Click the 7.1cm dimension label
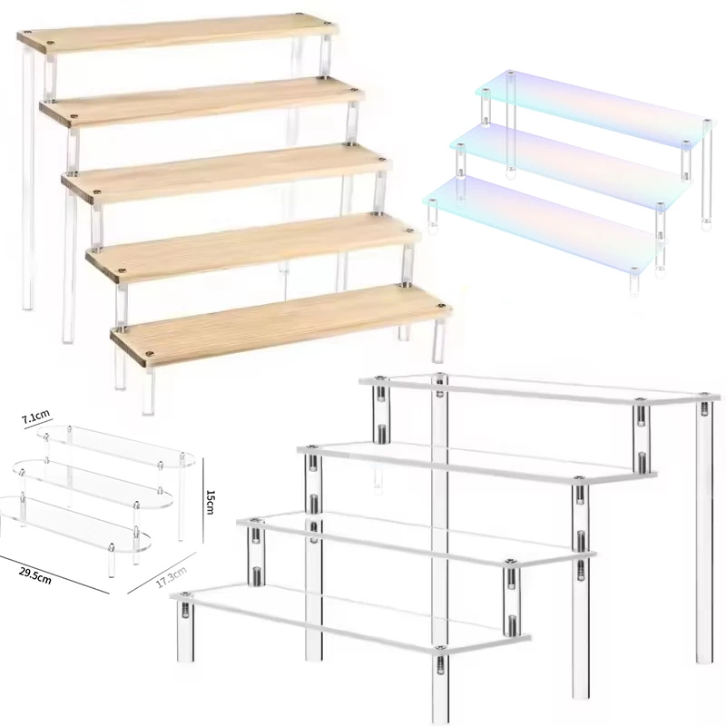pyautogui.click(x=35, y=417)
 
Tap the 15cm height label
pyautogui.click(x=210, y=503)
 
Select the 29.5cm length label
pyautogui.click(x=35, y=575)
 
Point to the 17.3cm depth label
pyautogui.click(x=171, y=577)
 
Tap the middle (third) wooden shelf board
pyautogui.click(x=227, y=172)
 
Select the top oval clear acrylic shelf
pyautogui.click(x=116, y=446)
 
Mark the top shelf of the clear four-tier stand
pyautogui.click(x=539, y=390)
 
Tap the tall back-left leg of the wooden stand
pyautogui.click(x=28, y=176)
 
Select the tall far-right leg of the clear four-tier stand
pyautogui.click(x=705, y=532)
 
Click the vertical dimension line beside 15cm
pyautogui.click(x=202, y=497)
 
